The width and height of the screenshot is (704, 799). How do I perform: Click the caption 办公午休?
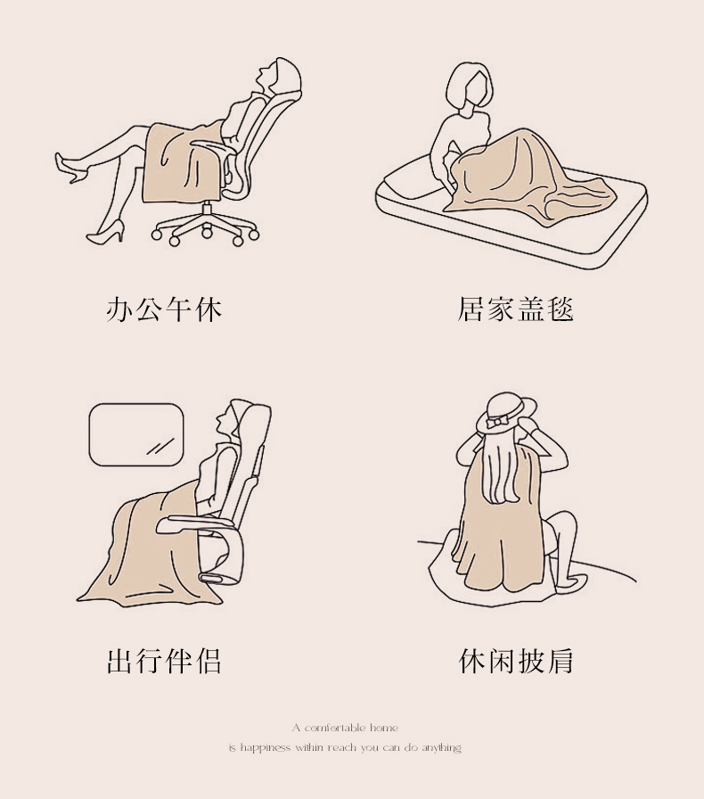pyautogui.click(x=164, y=309)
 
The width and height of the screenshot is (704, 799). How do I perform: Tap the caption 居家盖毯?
pyautogui.click(x=515, y=309)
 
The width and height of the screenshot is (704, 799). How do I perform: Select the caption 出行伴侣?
pyautogui.click(x=164, y=661)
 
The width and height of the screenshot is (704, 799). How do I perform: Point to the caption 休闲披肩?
pyautogui.click(x=515, y=661)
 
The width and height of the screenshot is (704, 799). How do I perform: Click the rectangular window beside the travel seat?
pyautogui.click(x=136, y=434)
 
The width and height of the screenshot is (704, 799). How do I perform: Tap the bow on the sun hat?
pyautogui.click(x=496, y=423)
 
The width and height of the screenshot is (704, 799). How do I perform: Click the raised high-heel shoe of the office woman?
pyautogui.click(x=69, y=167)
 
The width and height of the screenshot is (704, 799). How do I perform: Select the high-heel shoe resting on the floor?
pyautogui.click(x=106, y=233)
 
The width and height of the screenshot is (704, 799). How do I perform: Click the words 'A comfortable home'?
pyautogui.click(x=346, y=728)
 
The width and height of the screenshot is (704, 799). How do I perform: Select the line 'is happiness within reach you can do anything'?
pyautogui.click(x=345, y=747)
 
